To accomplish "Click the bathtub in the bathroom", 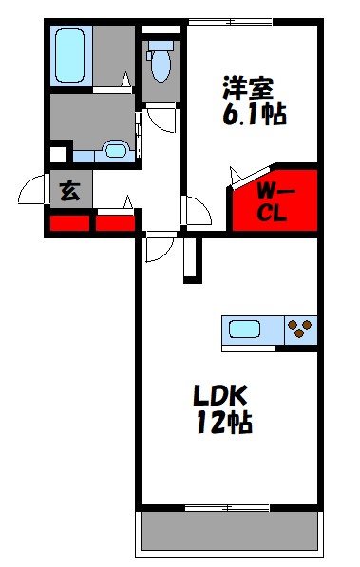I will point(71,55).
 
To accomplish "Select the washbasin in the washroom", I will point(117,149).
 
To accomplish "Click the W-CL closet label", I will point(275,200).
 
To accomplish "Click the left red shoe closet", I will point(68,224).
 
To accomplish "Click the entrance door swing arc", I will point(33,189).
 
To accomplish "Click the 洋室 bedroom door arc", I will point(196,209).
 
